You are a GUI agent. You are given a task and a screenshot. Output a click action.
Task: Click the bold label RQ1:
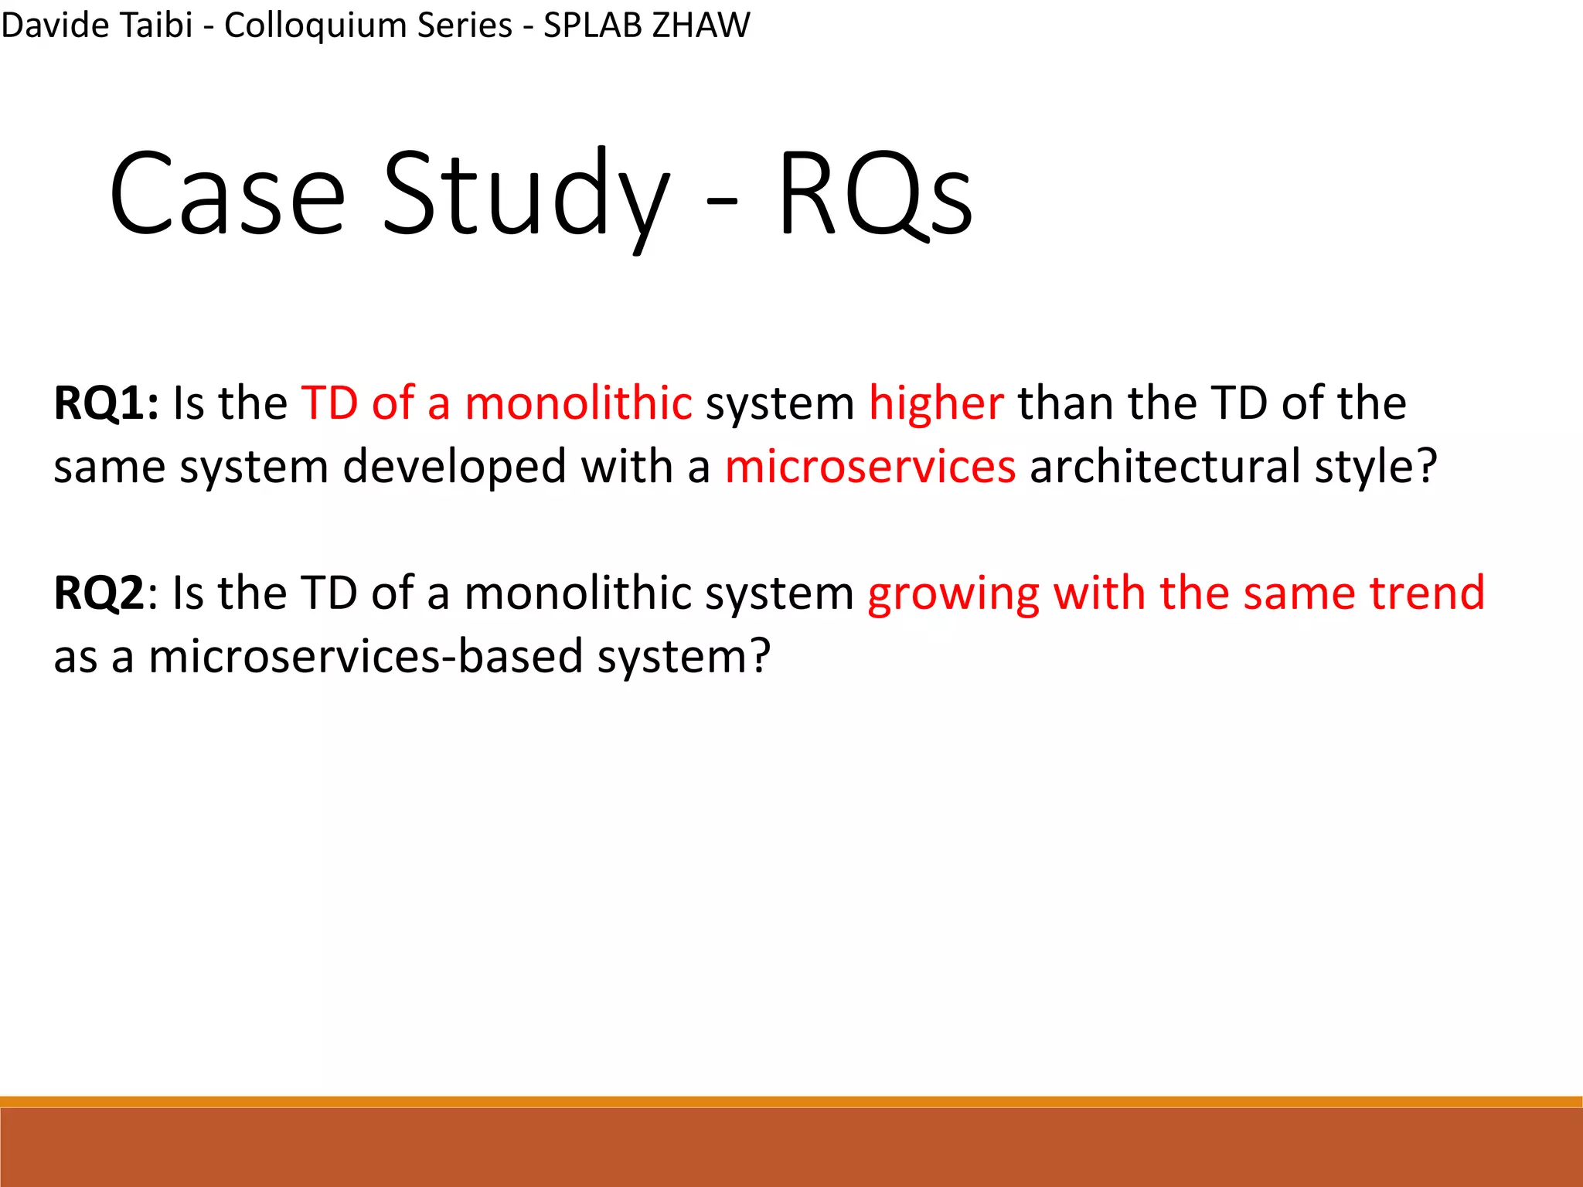pyautogui.click(x=106, y=403)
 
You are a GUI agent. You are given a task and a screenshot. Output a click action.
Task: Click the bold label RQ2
pyautogui.click(x=99, y=593)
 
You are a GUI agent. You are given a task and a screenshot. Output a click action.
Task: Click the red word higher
pyautogui.click(x=936, y=403)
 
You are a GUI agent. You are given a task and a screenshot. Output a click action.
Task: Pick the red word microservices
pyautogui.click(x=870, y=467)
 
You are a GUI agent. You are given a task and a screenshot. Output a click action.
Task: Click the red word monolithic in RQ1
pyautogui.click(x=578, y=403)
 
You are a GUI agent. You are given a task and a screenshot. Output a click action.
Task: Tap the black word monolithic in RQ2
pyautogui.click(x=578, y=593)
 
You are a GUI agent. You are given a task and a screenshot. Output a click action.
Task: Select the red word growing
pyautogui.click(x=953, y=593)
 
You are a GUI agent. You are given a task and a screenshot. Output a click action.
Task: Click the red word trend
pyautogui.click(x=1427, y=593)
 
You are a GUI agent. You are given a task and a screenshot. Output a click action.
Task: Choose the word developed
pyautogui.click(x=454, y=467)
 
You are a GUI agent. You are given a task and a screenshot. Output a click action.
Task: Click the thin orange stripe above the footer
pyautogui.click(x=791, y=1101)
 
